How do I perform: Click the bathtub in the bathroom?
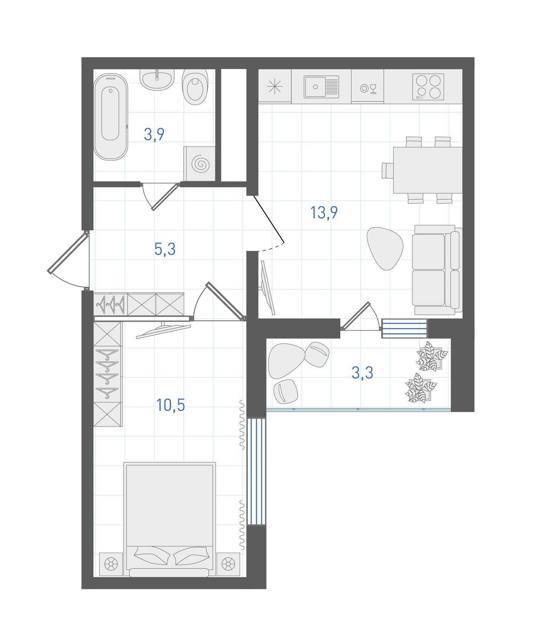110,117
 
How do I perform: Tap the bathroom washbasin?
157,79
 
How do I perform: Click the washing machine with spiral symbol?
199,164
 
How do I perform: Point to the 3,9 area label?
154,135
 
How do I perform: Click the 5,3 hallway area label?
165,249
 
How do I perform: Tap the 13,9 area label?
324,212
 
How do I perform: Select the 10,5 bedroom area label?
171,405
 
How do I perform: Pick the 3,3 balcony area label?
362,372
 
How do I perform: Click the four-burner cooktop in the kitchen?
428,87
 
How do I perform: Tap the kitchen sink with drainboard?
321,87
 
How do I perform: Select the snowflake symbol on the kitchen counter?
275,86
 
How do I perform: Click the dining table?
428,170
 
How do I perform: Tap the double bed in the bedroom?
169,519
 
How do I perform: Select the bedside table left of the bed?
111,564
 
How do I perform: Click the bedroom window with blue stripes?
256,471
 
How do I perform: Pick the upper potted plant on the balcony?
431,356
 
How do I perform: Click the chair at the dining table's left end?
388,170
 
